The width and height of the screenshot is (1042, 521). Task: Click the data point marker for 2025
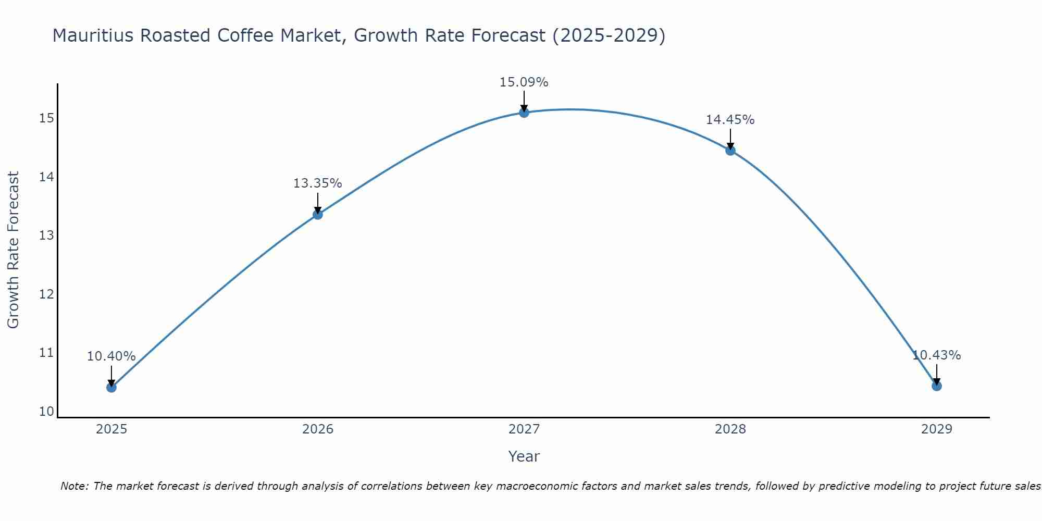point(111,387)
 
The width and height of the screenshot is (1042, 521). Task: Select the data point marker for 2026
point(317,214)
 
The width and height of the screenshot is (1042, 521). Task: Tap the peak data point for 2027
point(524,113)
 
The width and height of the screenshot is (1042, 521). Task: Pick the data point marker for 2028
point(730,151)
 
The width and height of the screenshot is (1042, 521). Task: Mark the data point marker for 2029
point(936,386)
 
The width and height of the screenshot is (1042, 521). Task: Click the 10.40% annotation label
point(111,356)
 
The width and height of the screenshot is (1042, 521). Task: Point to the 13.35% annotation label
point(317,183)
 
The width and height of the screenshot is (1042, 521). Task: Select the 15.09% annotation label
point(524,82)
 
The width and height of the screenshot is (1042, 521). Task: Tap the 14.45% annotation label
point(730,120)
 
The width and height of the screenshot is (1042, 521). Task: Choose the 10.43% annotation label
point(936,355)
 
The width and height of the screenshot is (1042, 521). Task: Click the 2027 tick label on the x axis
point(524,429)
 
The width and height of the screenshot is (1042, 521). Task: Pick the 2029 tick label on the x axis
point(936,429)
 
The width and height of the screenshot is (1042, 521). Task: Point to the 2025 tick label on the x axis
point(111,429)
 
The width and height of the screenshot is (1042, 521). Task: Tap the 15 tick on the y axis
point(46,118)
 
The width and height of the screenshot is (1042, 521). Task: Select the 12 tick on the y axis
point(46,294)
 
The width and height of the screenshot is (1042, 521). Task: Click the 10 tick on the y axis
point(46,412)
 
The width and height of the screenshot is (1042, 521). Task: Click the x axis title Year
point(524,456)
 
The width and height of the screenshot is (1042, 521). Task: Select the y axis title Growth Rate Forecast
point(14,250)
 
